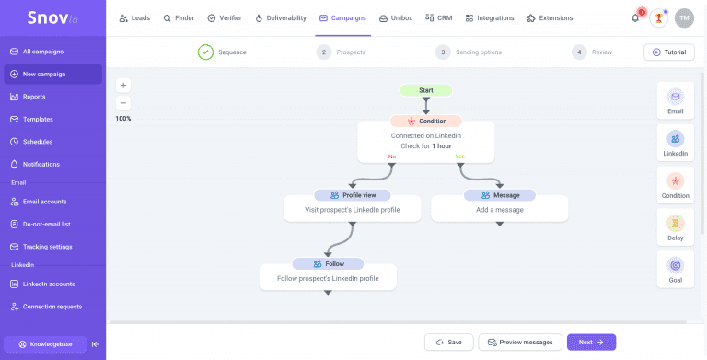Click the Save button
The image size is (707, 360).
point(448,342)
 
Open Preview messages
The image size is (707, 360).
point(520,342)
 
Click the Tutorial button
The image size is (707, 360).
point(668,52)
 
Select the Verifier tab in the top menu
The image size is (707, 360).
point(225,17)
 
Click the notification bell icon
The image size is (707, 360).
point(635,17)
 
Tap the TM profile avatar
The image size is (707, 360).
point(684,17)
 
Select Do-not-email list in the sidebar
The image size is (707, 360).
point(46,224)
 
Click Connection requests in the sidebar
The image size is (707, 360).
point(52,307)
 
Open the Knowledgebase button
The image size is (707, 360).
point(45,343)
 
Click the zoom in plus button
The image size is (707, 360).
point(123,85)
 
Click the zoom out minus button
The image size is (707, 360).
point(123,103)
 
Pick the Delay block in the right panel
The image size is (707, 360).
point(676,228)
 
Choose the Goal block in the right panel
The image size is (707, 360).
point(676,270)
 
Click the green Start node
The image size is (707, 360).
point(426,90)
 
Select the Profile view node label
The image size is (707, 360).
point(352,195)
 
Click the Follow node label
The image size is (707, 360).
point(328,263)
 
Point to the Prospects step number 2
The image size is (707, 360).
point(323,52)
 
